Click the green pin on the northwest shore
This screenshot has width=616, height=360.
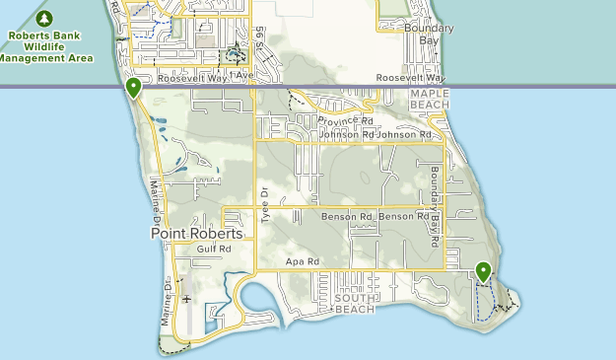(x=133, y=88)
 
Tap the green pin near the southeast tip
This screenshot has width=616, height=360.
(x=483, y=270)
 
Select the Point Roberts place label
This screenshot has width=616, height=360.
(x=197, y=234)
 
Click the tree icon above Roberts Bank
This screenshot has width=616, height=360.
(x=44, y=19)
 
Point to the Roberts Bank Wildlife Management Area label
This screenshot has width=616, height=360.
(x=45, y=45)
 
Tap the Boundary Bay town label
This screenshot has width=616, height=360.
(x=429, y=34)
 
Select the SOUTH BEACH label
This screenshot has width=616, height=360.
(x=356, y=303)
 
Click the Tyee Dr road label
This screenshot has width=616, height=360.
(x=263, y=204)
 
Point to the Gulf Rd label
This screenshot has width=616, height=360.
(x=213, y=250)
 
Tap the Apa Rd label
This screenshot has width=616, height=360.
(x=303, y=261)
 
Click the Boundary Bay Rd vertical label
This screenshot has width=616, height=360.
(x=435, y=203)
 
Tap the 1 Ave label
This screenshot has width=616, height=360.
(x=241, y=75)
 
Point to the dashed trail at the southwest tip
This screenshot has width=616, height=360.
(x=173, y=348)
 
